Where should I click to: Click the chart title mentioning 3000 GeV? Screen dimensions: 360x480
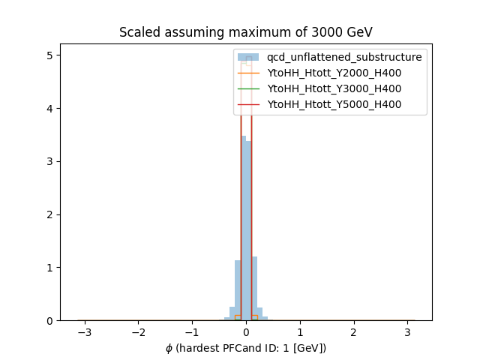(246, 32)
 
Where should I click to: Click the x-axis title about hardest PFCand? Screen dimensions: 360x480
(246, 348)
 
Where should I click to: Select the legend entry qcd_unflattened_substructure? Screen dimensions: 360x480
(344, 57)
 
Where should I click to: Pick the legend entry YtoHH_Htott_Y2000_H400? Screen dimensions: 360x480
(334, 73)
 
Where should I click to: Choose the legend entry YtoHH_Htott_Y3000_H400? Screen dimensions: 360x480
(334, 88)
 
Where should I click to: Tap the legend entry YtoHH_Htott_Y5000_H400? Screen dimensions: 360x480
(334, 104)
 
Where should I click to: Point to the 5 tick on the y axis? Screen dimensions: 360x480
(50, 55)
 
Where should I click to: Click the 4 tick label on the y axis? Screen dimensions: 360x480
(50, 109)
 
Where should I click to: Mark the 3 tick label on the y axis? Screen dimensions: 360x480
(50, 161)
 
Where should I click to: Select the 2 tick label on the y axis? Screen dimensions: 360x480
(50, 214)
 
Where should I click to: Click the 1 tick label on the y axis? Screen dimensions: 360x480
(50, 268)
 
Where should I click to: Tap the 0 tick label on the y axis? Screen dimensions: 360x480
(50, 320)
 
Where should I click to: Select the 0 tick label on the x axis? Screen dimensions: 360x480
(246, 331)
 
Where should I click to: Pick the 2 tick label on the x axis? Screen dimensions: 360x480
(354, 331)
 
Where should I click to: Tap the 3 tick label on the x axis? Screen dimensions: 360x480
(408, 331)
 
